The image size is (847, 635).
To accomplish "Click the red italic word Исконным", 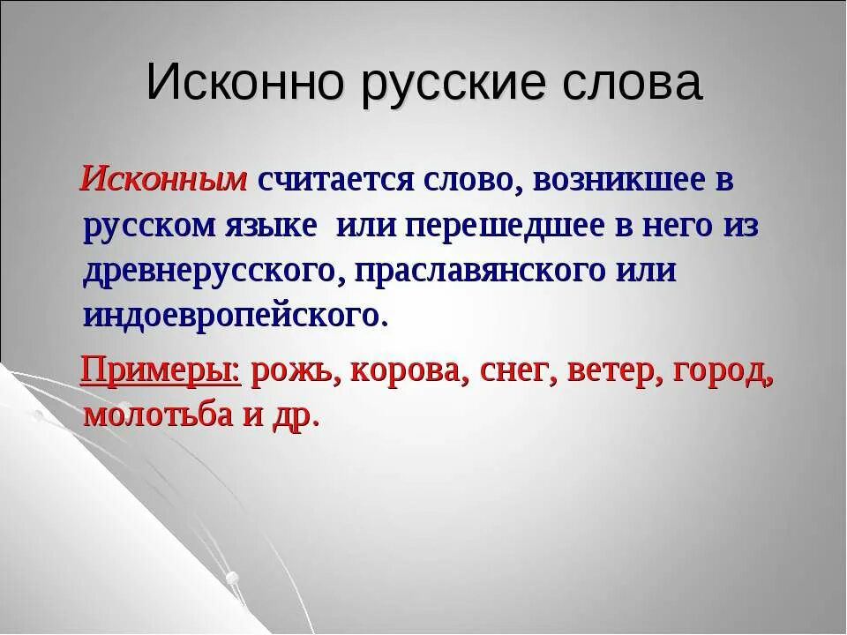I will [x=163, y=180].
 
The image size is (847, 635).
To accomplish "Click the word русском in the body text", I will [x=149, y=226].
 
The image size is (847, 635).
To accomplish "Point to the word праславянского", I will [x=480, y=272].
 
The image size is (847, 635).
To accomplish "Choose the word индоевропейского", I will [x=233, y=316].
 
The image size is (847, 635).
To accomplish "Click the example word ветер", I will [x=614, y=372].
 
